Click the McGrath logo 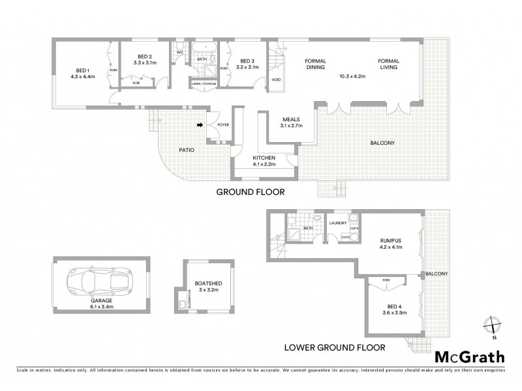pyautogui.click(x=469, y=356)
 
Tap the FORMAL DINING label pyautogui.click(x=316, y=65)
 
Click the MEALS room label pyautogui.click(x=290, y=119)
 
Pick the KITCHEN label pyautogui.click(x=265, y=158)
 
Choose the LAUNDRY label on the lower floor pyautogui.click(x=338, y=223)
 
